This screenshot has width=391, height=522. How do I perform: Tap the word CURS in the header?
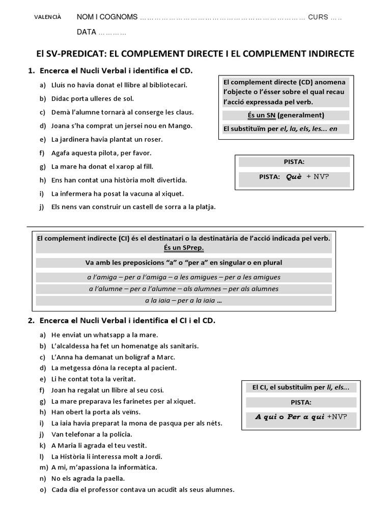coord(318,17)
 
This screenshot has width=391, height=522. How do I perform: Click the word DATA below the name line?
coord(87,32)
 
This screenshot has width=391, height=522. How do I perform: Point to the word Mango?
coord(182,125)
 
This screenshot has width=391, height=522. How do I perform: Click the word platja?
coord(205,207)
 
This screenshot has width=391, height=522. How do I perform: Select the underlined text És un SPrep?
coord(184,248)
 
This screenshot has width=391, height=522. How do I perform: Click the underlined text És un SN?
coord(261,115)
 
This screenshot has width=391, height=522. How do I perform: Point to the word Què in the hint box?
coord(294,176)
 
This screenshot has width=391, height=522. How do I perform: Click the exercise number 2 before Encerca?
coord(31,321)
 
